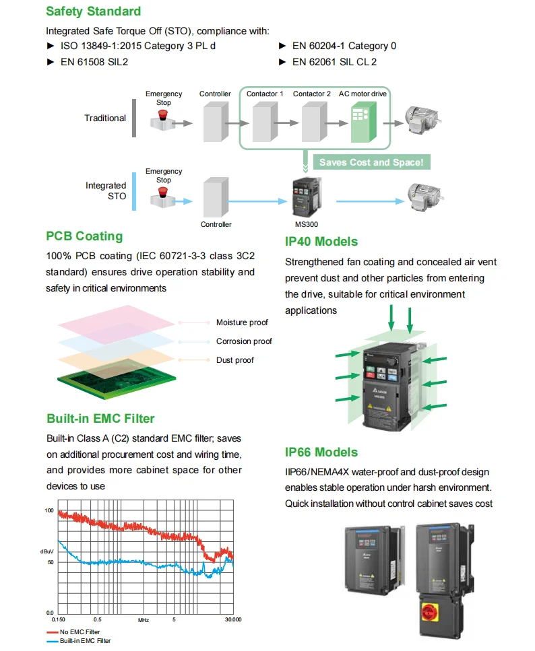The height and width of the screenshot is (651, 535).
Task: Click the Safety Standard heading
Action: point(94,11)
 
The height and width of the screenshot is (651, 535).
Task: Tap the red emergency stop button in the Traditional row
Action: point(163,116)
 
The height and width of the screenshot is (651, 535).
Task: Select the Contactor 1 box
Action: point(265,122)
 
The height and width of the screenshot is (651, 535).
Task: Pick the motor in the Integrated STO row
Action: point(422,195)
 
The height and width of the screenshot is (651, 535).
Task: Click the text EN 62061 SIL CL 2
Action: point(334,62)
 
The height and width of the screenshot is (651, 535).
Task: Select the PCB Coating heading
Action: point(84,236)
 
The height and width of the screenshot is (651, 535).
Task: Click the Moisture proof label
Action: point(241,322)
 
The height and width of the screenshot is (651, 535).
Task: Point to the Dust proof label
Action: point(235,360)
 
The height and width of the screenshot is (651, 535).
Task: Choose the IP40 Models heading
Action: point(321,242)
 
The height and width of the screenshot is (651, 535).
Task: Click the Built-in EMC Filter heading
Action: point(100,419)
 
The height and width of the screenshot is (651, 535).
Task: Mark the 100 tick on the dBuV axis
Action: point(49,510)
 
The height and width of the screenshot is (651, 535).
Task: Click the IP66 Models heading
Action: point(321,452)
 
